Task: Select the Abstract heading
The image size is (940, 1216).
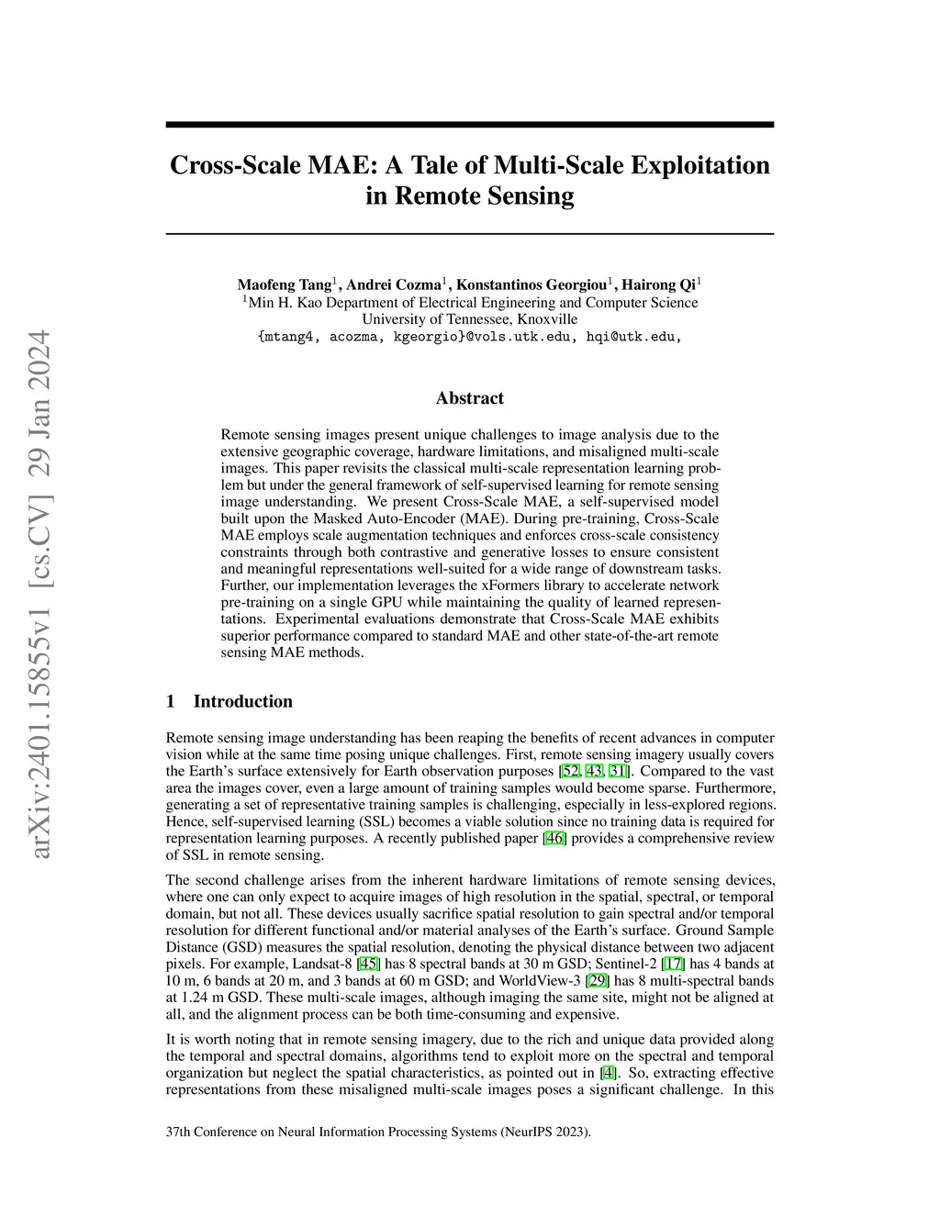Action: tap(469, 398)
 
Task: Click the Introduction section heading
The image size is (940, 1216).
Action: tap(242, 702)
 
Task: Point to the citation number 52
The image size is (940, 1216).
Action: tap(570, 771)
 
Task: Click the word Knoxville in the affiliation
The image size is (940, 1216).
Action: tap(547, 319)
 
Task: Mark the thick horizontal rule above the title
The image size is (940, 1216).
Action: tap(469, 125)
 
